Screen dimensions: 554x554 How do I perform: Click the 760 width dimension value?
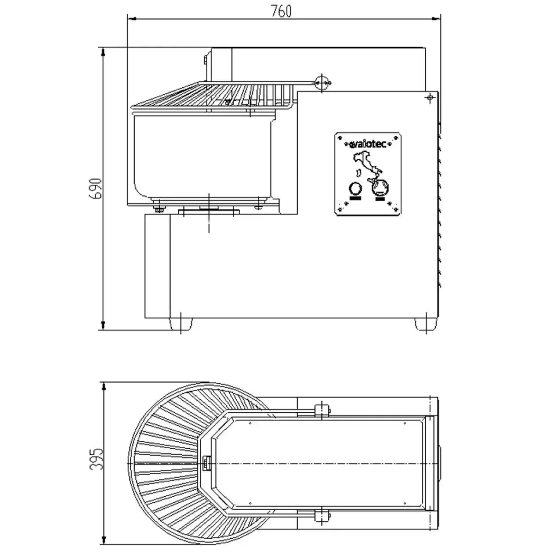click(x=281, y=11)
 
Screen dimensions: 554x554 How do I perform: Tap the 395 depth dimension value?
click(x=95, y=459)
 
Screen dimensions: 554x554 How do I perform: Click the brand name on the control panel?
click(x=367, y=145)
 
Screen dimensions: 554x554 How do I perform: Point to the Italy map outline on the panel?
click(x=366, y=167)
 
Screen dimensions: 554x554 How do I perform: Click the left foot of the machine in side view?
click(x=181, y=324)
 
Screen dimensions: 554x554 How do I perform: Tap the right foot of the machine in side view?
click(x=425, y=324)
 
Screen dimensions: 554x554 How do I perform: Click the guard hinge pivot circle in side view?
click(x=322, y=83)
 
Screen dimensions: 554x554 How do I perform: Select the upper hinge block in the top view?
click(x=321, y=409)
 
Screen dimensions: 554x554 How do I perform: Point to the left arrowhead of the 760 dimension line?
click(x=131, y=19)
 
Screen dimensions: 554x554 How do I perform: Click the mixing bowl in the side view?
click(x=204, y=157)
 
